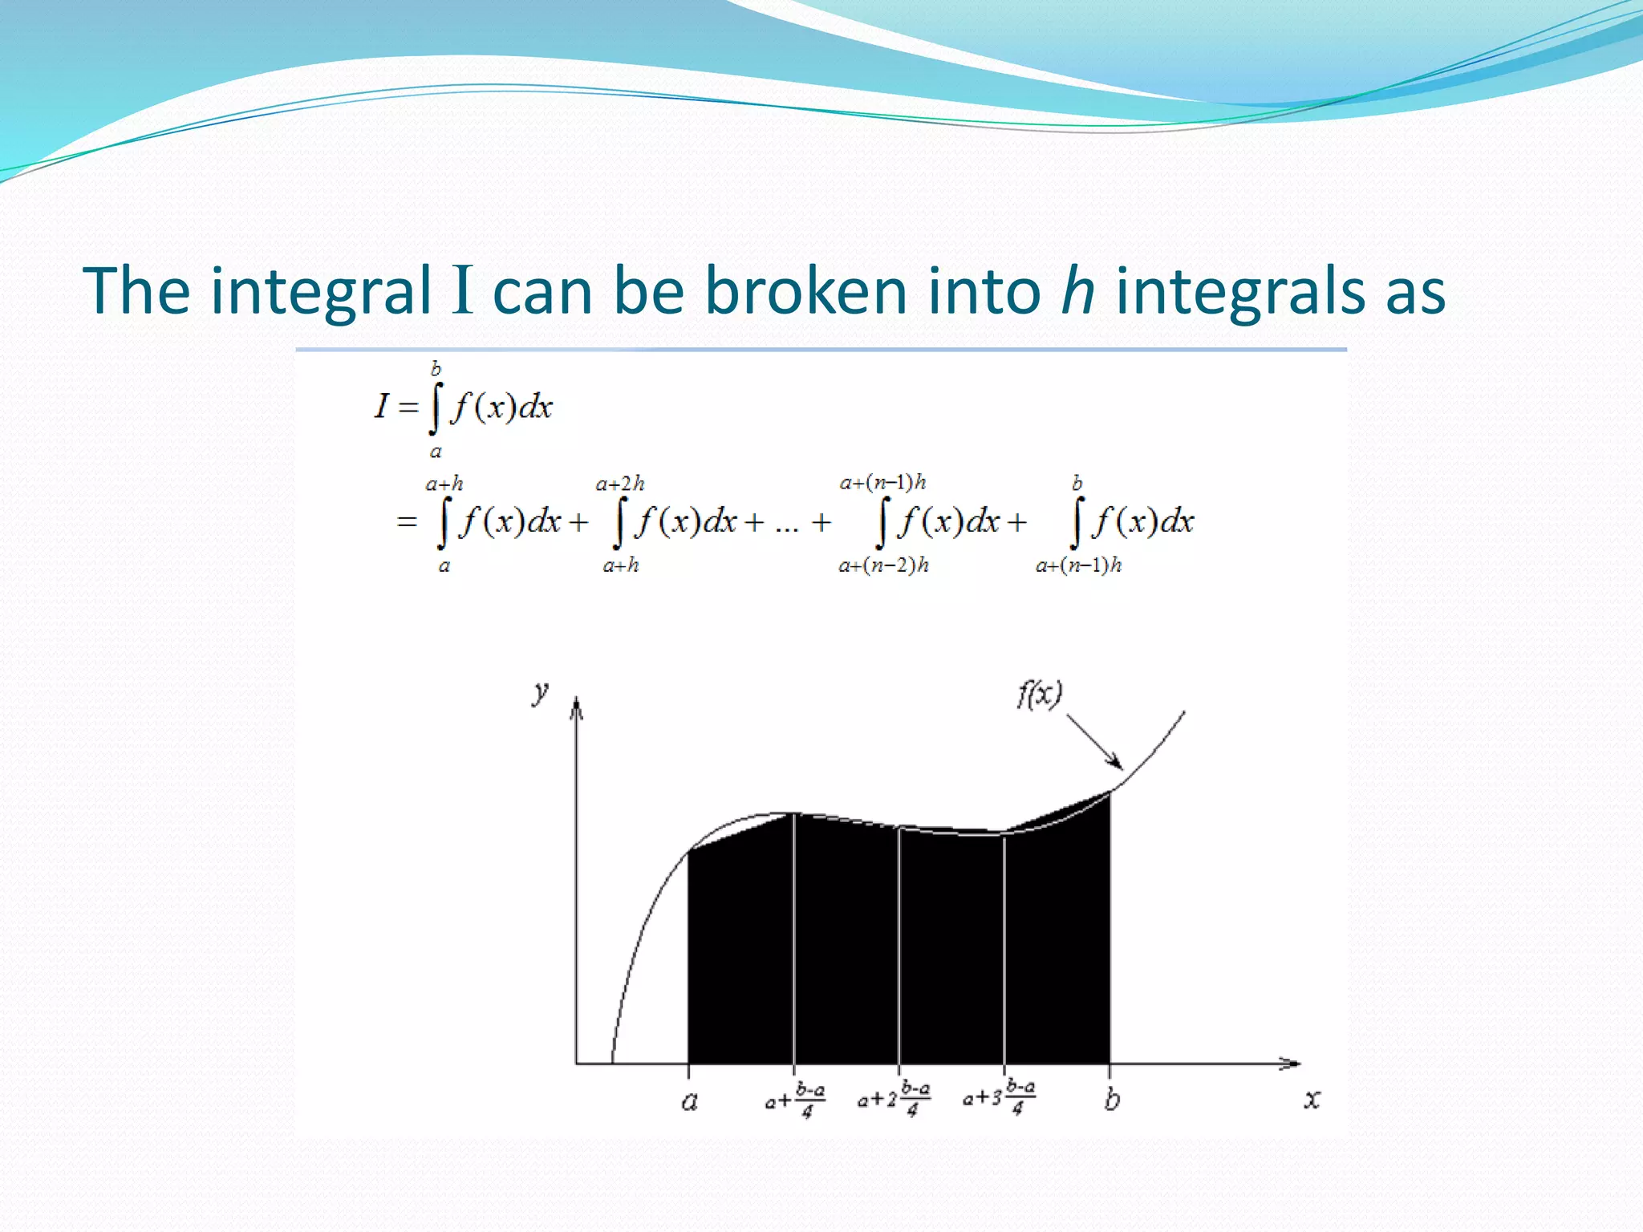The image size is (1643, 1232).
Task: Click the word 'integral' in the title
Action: click(321, 292)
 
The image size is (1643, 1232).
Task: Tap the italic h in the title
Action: click(1077, 290)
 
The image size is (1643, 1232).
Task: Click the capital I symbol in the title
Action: click(462, 290)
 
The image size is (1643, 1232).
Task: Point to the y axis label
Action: click(542, 691)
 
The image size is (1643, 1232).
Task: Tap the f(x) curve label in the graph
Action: click(1040, 694)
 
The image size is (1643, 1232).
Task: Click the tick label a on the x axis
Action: click(689, 1100)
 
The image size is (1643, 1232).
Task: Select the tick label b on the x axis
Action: click(1112, 1099)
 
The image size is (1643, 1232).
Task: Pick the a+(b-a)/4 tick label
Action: click(794, 1100)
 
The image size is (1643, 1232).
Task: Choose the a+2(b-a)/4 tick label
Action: click(894, 1098)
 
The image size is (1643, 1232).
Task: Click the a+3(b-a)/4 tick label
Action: click(999, 1096)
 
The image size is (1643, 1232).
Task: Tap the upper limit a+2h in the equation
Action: click(620, 484)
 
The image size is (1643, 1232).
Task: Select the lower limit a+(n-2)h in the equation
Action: click(883, 565)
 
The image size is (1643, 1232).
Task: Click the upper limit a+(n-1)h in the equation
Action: click(882, 482)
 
